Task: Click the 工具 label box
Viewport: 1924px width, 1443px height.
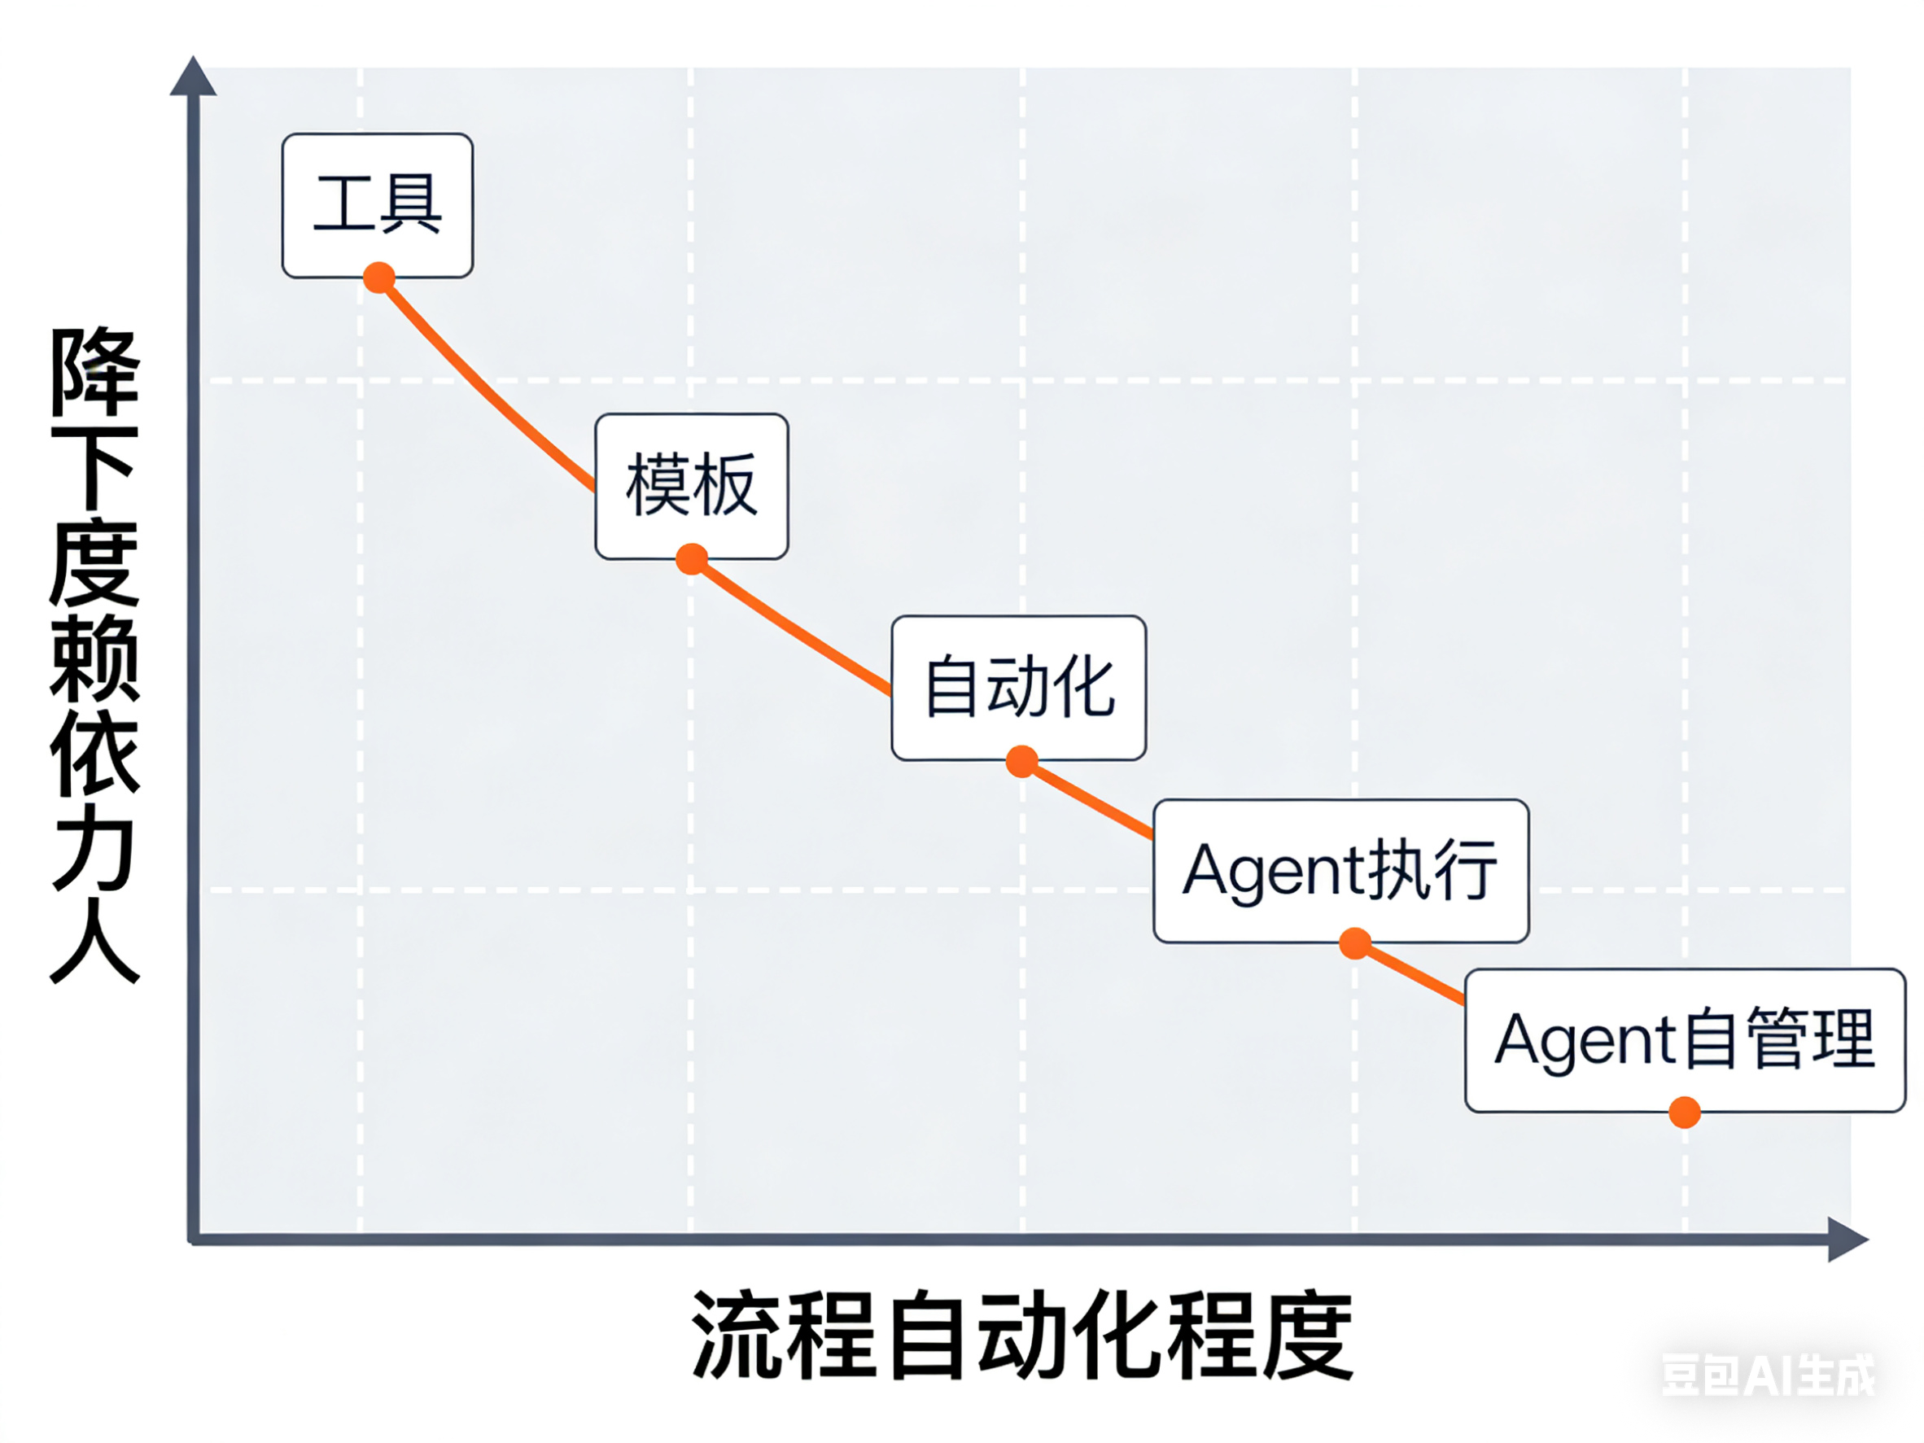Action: click(378, 205)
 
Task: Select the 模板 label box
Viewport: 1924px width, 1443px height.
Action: click(692, 485)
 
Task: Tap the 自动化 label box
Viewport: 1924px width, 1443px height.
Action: click(1018, 687)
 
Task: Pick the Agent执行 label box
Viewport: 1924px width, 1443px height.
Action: click(1340, 870)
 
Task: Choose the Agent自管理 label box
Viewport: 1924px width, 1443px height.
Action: click(1684, 1039)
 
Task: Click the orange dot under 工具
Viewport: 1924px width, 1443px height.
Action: click(379, 278)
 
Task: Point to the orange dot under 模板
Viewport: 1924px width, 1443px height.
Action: click(692, 559)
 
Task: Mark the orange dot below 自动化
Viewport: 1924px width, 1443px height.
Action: click(1022, 761)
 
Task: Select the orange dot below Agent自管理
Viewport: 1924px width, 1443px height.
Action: click(1685, 1113)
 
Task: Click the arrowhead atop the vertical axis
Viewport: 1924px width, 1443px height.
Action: click(193, 77)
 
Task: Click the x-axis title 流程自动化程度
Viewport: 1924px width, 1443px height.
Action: click(1022, 1335)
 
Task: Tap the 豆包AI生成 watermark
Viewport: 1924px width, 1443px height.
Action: click(1769, 1375)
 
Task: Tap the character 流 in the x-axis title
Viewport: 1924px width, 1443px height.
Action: click(737, 1335)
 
